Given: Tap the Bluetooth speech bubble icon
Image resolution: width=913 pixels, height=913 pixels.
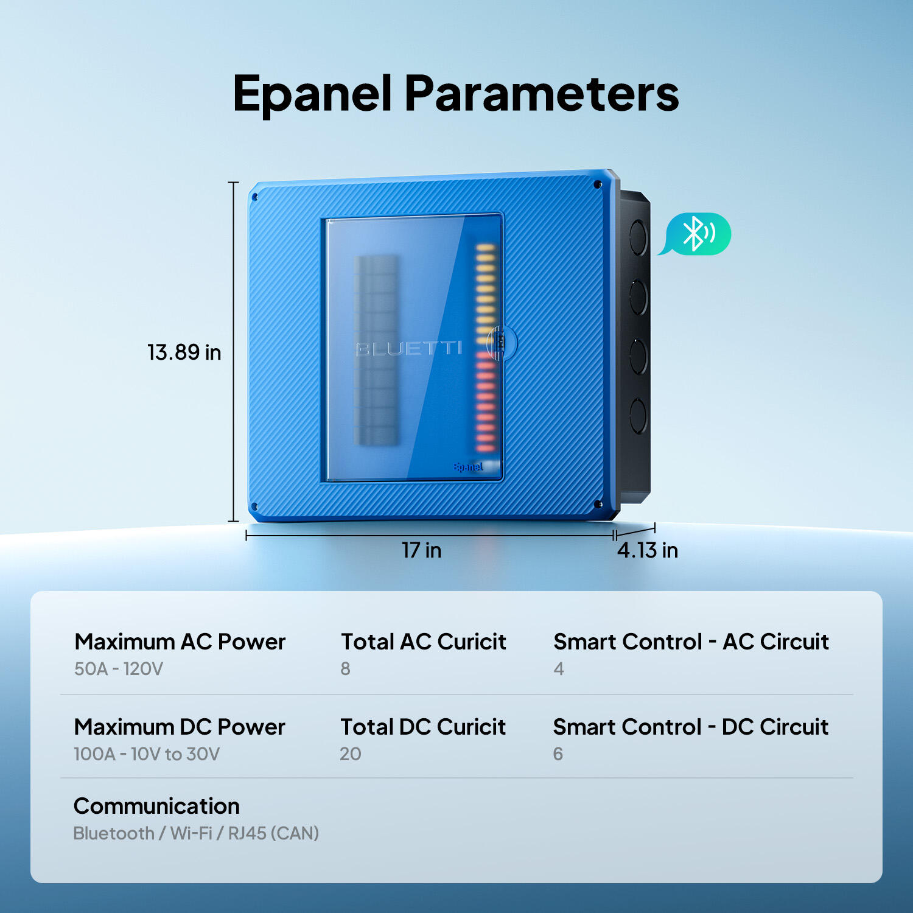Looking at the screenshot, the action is point(696,234).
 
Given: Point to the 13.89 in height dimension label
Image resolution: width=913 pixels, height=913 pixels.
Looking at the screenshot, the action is point(184,352).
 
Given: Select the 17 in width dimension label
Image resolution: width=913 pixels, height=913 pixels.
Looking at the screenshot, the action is point(421,550).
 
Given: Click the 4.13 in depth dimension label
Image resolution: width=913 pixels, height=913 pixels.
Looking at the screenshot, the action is point(648,550).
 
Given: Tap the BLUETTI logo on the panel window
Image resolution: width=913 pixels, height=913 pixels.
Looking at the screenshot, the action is point(409,348).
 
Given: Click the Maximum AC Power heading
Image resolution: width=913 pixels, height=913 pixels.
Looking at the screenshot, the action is point(180,642).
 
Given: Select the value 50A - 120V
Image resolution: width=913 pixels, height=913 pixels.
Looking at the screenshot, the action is point(119,669).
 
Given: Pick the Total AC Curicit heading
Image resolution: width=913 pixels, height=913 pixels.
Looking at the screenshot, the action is point(424,642).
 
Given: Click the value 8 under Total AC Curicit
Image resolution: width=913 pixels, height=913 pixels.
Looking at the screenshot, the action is point(345,669).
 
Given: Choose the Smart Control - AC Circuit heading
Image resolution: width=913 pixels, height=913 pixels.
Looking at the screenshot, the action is point(691,642).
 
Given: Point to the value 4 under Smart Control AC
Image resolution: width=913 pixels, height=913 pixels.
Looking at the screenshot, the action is point(559,669).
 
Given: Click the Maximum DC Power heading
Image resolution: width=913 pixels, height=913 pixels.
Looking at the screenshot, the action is point(180,727).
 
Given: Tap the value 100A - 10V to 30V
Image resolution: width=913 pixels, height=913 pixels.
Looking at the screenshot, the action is point(147,754).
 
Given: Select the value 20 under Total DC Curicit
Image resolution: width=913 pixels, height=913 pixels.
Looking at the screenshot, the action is point(351,754).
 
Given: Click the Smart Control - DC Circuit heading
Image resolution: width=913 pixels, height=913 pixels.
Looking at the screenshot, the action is point(691,727).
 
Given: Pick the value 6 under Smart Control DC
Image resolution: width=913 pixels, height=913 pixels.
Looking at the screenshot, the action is point(558,754).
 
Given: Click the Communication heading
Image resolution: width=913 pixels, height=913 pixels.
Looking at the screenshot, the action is point(156,806).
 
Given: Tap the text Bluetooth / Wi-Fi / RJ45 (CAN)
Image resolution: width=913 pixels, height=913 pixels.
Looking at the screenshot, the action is point(196,833).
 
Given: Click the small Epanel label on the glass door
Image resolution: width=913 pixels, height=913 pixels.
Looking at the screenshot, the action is point(468,467).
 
